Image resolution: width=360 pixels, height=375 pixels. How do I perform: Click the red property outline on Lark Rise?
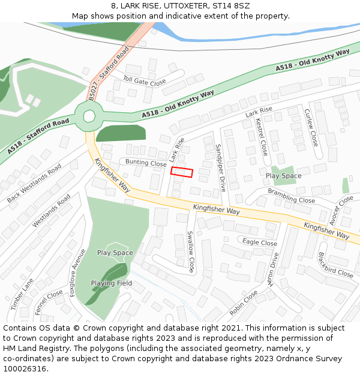[182, 172]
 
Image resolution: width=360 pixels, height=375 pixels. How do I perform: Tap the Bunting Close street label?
[146, 163]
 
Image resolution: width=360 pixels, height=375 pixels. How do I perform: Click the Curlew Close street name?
[311, 127]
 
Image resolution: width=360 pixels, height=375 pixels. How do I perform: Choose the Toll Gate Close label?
[144, 80]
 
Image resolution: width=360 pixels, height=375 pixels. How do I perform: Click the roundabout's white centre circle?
[89, 116]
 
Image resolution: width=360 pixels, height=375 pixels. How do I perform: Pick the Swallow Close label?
[191, 251]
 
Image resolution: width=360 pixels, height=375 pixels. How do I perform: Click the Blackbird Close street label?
[335, 265]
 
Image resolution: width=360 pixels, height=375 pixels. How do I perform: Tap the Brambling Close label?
[291, 196]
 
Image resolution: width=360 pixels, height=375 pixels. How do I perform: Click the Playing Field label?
[112, 283]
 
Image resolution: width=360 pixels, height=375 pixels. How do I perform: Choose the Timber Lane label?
[22, 294]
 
